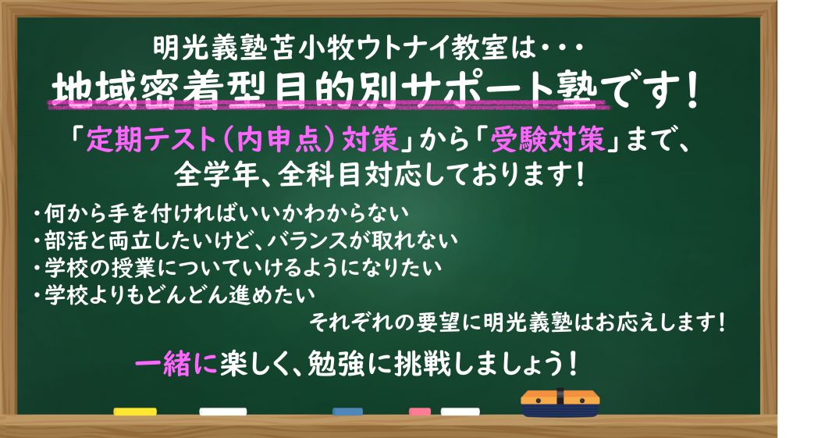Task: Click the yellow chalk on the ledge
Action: (135, 411)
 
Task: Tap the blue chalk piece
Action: (347, 411)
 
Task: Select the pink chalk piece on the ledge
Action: (420, 411)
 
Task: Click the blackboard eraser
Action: (560, 403)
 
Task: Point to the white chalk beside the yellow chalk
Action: (223, 411)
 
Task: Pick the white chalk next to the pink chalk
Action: (460, 411)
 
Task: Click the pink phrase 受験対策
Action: (548, 141)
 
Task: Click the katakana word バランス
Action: (308, 240)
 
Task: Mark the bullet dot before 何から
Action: (37, 214)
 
